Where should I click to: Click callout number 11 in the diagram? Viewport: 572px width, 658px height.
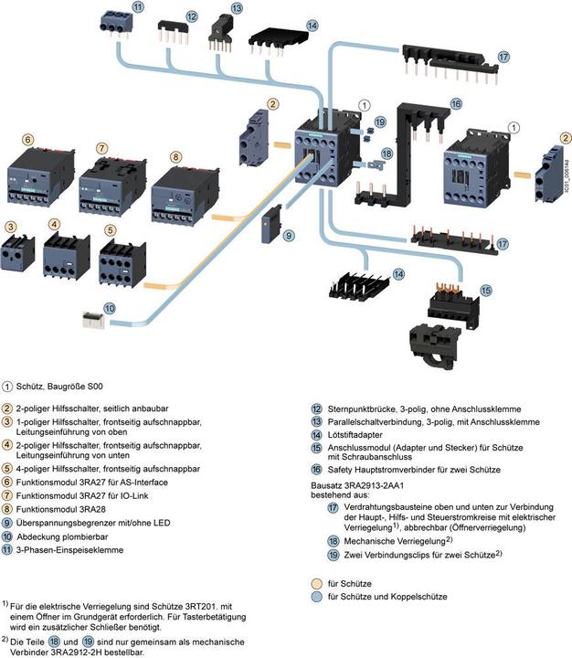point(137,7)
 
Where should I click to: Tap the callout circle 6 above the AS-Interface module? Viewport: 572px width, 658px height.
point(28,139)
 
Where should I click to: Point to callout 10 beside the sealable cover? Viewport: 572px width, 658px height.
point(109,308)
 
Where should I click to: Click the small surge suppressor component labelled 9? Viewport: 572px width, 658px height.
point(270,223)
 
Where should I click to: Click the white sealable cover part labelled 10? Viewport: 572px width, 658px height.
point(92,323)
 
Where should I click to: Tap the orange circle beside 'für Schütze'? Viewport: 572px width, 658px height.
point(315,581)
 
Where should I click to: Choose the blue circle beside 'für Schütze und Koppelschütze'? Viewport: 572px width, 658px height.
point(315,596)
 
